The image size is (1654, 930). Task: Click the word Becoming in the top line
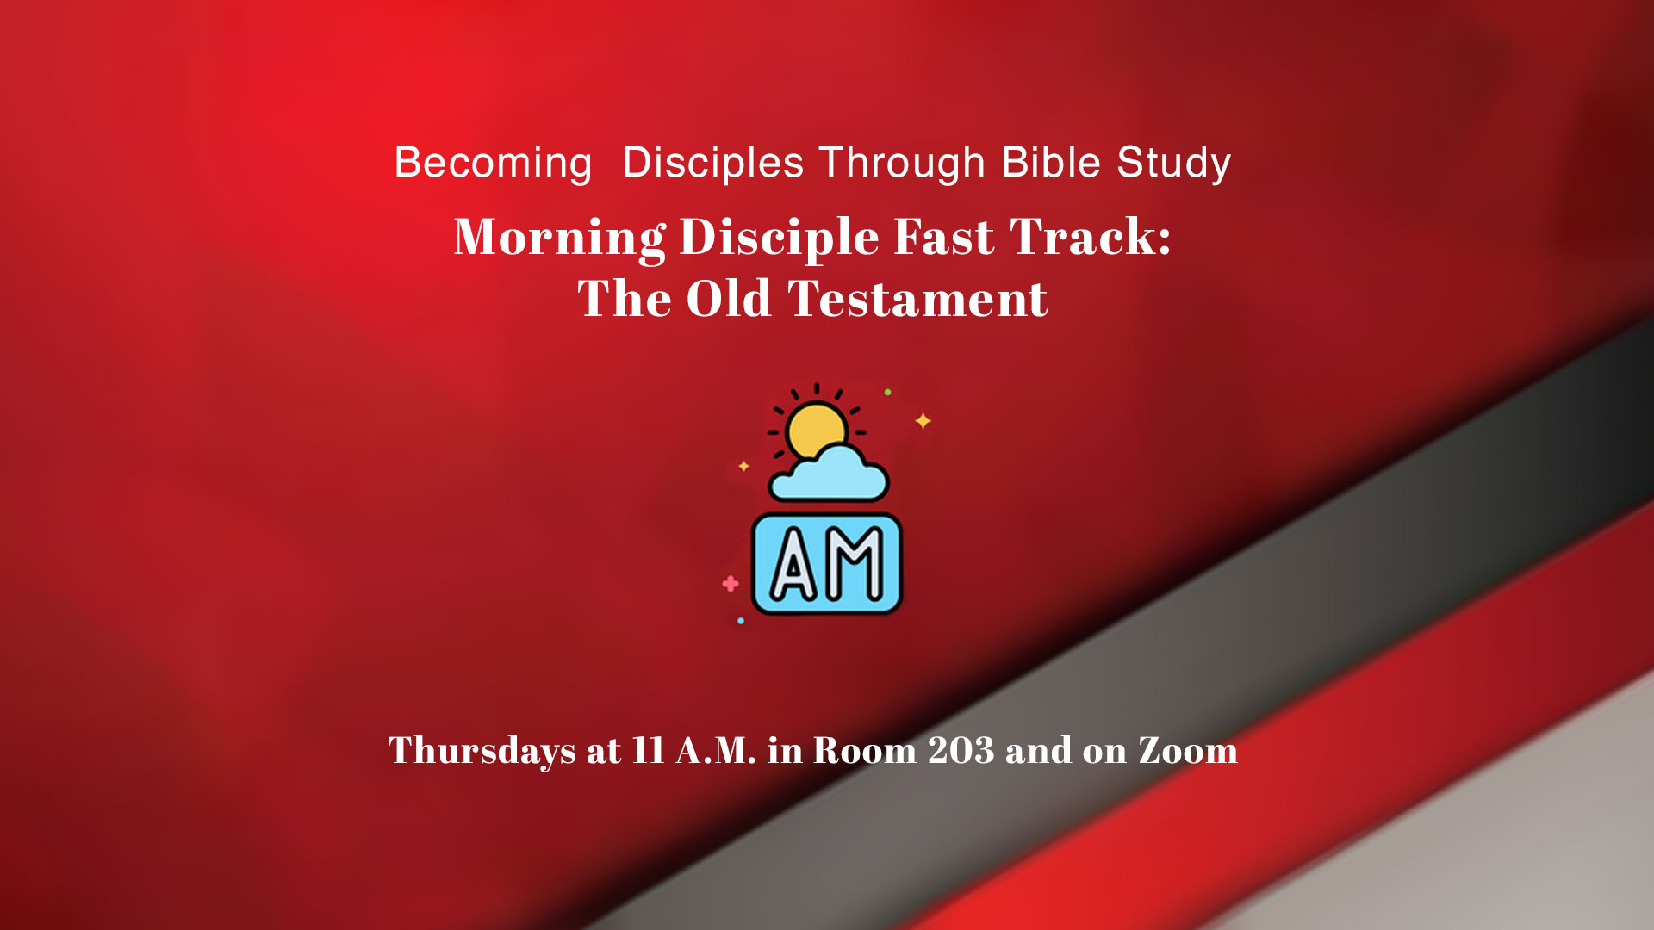493,163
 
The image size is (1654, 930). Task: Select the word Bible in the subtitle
1051,162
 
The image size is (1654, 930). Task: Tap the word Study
1174,163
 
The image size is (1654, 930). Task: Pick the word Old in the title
728,299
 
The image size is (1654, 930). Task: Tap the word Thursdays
482,751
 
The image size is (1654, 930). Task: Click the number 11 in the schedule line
648,750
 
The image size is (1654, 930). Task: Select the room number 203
961,750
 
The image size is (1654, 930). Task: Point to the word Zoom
1188,750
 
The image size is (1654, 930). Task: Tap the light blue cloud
829,476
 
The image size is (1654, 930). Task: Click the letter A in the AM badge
793,564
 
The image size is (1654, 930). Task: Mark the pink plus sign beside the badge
731,584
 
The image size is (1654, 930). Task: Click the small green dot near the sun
887,392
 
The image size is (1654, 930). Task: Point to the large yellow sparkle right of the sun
923,420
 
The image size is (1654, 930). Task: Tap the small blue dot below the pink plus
741,620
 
